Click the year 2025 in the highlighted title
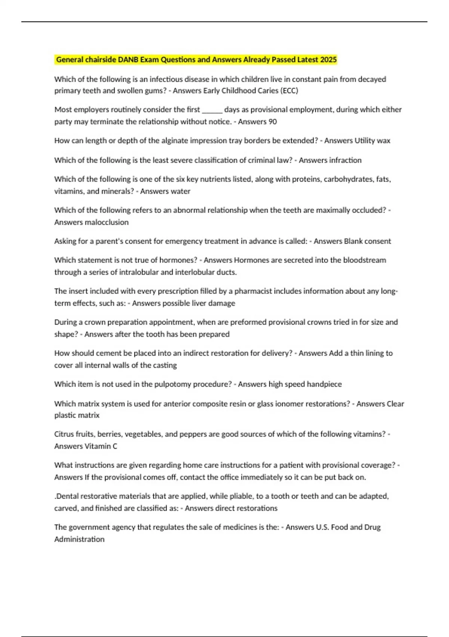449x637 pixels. pyautogui.click(x=328, y=60)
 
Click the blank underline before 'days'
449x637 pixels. pyautogui.click(x=212, y=110)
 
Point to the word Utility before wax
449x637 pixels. pyautogui.click(x=365, y=141)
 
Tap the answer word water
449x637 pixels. pyautogui.click(x=180, y=191)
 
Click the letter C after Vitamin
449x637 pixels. pyautogui.click(x=115, y=446)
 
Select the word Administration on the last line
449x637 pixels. pyautogui.click(x=79, y=539)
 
